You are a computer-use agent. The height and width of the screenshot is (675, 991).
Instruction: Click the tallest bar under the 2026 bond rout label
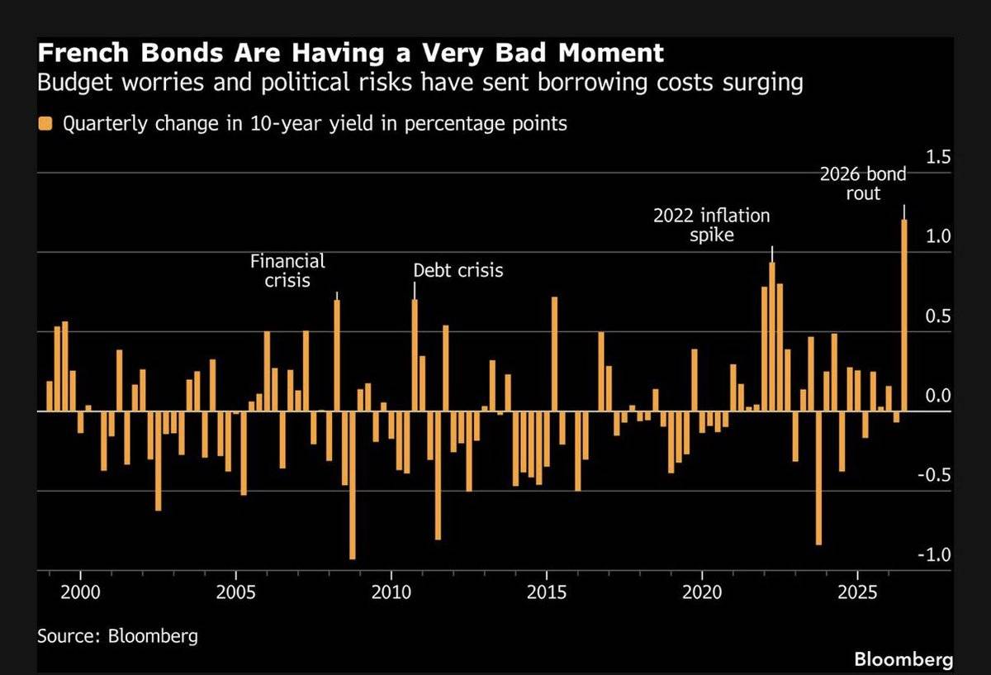pos(904,315)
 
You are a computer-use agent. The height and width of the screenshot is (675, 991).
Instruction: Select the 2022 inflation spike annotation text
pos(711,225)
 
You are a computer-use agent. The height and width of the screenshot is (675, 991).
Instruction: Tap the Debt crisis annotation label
pos(458,270)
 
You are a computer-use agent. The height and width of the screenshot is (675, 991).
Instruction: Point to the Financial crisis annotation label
pos(287,270)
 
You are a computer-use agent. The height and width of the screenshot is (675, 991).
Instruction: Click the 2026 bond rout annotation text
pos(863,183)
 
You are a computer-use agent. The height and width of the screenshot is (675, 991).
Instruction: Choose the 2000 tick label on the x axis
pos(81,592)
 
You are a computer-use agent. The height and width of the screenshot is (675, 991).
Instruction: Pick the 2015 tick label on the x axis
pos(547,592)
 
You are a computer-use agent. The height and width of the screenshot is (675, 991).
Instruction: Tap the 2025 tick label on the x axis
pos(857,592)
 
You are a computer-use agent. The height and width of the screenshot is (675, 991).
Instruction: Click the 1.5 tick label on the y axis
pos(938,157)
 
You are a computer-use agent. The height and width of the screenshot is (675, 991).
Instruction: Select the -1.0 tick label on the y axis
pos(934,554)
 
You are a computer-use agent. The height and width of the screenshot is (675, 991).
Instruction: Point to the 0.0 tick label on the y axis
pos(938,395)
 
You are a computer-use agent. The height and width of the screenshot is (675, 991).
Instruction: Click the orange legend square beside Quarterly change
pos(45,123)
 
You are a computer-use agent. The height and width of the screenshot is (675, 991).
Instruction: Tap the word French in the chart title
pos(83,53)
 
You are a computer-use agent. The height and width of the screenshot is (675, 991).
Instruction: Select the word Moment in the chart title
pos(610,53)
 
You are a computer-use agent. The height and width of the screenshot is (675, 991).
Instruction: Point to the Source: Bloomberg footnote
pos(117,636)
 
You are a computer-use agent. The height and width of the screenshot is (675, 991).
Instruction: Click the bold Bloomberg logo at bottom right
pos(903,660)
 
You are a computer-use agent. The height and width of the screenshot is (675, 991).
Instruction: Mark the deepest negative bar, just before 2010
pos(353,485)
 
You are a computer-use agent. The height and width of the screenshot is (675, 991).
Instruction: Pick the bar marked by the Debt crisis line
pos(415,355)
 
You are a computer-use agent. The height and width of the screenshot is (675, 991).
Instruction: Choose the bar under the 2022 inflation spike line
pos(772,337)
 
